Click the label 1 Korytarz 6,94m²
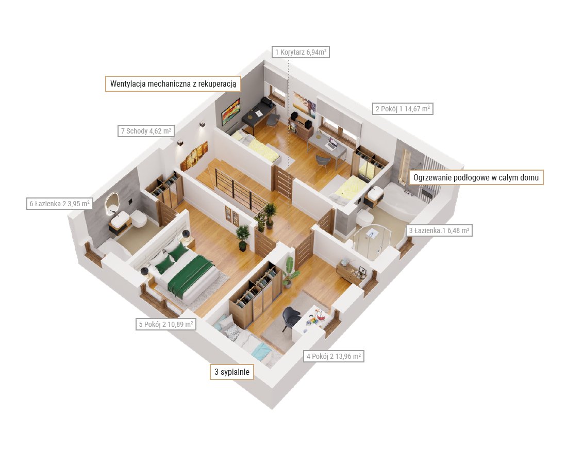[301, 52]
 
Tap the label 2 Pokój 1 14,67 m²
[403, 109]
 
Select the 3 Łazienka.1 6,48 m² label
[439, 230]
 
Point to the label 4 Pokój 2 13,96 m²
[333, 356]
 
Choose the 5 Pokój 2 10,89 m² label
[165, 324]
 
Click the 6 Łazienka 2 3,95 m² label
[59, 204]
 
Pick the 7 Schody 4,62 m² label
[146, 131]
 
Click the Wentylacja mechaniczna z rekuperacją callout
[173, 84]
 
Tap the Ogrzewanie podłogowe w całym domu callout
[476, 177]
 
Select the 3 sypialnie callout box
[232, 372]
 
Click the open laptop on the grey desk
[331, 145]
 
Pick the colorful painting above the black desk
[231, 111]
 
